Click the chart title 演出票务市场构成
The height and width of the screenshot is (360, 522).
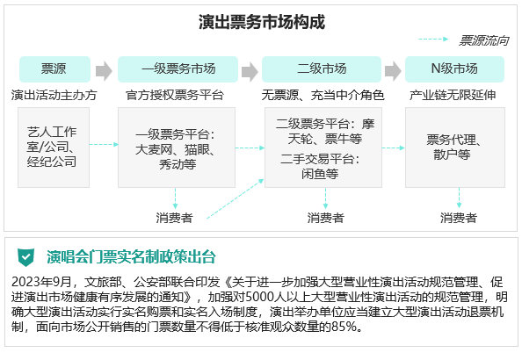click(262, 22)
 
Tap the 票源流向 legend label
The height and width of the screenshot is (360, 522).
click(484, 40)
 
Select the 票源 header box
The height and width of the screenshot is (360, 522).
click(55, 69)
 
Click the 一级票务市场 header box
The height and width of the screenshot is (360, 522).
click(178, 69)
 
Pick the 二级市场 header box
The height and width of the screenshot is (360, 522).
click(322, 69)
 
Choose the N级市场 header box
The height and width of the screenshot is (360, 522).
click(454, 69)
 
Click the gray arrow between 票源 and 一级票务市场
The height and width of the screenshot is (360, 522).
click(104, 71)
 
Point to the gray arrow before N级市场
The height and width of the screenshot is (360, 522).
click(393, 71)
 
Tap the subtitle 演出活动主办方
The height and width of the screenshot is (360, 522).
click(54, 95)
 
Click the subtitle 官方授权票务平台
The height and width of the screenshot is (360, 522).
click(175, 95)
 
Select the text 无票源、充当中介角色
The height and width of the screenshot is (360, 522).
click(323, 95)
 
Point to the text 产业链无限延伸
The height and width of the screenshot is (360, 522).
click(453, 95)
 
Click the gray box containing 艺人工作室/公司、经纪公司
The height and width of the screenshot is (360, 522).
click(54, 148)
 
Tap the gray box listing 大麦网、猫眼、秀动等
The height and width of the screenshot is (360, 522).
click(177, 148)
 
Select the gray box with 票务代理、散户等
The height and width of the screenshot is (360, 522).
click(455, 148)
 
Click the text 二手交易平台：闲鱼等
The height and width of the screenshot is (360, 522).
click(320, 166)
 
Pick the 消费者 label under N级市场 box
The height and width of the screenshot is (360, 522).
click(459, 218)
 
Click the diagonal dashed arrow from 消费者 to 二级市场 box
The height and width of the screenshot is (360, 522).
click(235, 199)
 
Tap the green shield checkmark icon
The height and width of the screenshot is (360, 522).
click(26, 257)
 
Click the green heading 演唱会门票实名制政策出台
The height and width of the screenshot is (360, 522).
click(131, 257)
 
